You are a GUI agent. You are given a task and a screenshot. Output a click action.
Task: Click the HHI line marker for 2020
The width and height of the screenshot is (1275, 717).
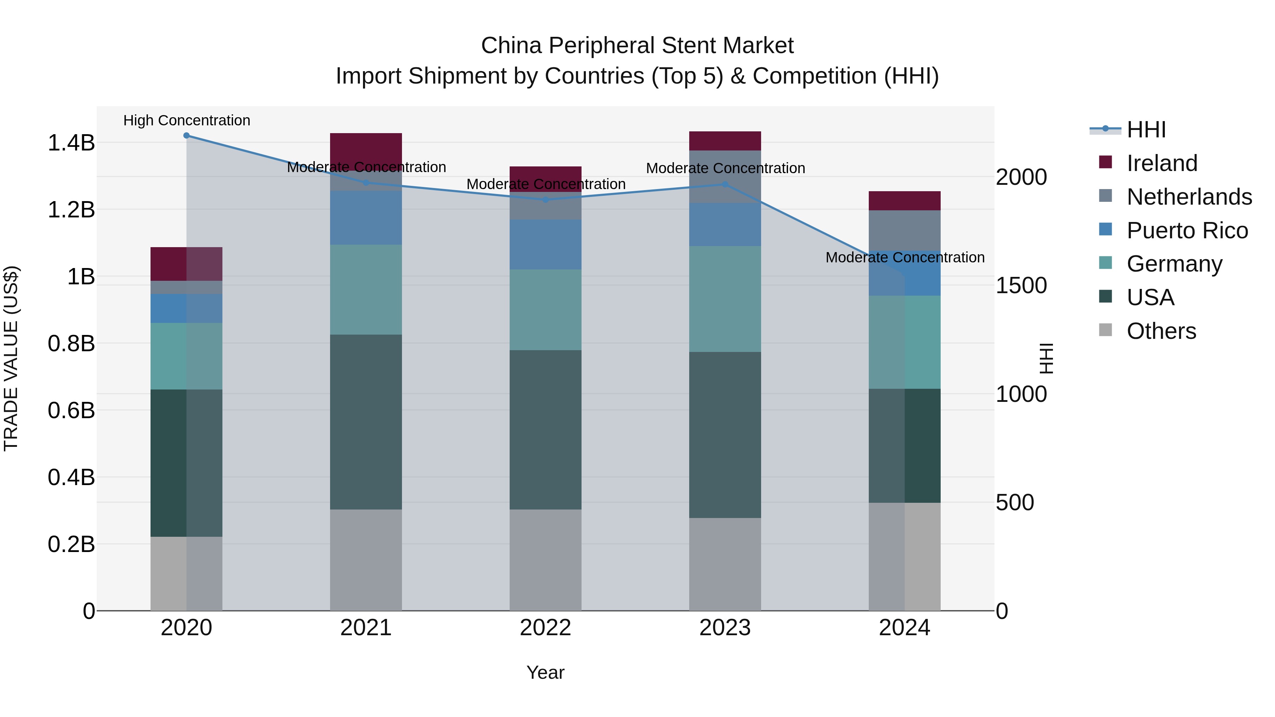(x=186, y=136)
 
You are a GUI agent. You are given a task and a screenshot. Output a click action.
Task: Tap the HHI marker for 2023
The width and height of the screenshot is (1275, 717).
(x=725, y=184)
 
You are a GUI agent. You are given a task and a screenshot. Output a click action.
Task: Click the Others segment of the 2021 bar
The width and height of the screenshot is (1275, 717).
(x=366, y=559)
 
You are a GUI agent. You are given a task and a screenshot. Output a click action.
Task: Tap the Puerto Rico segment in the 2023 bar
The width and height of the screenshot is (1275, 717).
(x=725, y=224)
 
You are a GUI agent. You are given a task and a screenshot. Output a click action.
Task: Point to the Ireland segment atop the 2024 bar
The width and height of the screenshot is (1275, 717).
(x=904, y=200)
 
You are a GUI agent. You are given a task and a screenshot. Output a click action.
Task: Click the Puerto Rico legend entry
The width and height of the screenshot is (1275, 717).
(x=1187, y=231)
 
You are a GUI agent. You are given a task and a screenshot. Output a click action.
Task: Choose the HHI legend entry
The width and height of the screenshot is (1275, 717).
(x=1146, y=130)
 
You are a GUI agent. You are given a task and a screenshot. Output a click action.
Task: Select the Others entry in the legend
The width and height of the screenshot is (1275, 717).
(x=1161, y=331)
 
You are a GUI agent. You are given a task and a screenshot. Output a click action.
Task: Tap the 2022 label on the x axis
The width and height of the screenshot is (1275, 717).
(x=545, y=628)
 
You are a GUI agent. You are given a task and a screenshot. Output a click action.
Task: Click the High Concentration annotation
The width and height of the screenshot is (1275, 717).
(x=187, y=120)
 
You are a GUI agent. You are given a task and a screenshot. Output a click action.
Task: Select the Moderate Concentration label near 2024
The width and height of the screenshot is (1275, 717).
(x=905, y=257)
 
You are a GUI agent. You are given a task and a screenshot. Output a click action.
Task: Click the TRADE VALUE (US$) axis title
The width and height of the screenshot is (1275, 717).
(x=11, y=358)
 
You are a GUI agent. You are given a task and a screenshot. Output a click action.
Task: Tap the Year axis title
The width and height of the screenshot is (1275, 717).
(x=545, y=672)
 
